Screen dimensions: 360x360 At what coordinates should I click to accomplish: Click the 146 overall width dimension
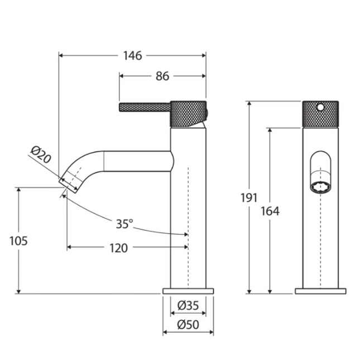pos(132,55)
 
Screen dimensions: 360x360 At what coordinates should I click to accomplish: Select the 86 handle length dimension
pos(162,76)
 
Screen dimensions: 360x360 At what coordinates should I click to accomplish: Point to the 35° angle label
pos(124,224)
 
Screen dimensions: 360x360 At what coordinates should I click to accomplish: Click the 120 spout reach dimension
pos(118,248)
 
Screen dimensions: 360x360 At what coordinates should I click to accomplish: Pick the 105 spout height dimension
pos(19,241)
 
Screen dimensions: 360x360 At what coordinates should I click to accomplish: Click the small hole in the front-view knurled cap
pos(321,105)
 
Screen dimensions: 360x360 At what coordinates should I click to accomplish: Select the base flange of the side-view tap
pos(188,291)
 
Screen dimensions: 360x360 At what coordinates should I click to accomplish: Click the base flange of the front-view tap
pos(320,291)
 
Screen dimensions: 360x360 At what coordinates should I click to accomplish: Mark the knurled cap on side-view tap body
pos(188,113)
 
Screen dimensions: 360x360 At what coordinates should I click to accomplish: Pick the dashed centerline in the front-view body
pos(320,240)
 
